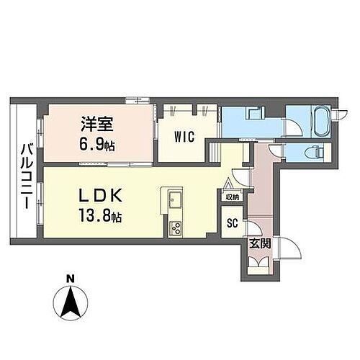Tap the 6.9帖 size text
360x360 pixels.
[96, 144]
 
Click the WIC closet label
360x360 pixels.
[183, 136]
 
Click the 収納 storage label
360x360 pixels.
[231, 197]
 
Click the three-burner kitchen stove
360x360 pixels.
[176, 228]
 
